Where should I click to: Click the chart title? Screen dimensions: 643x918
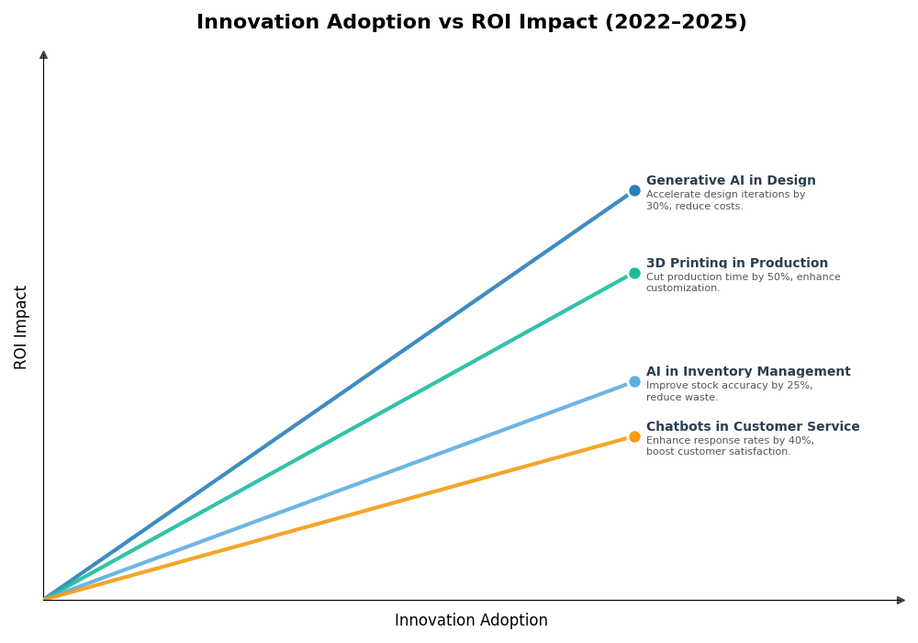471,22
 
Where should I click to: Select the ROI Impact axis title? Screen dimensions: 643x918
21,327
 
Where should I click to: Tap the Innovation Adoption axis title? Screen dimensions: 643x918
471,621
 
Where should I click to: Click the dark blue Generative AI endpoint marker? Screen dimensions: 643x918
634,191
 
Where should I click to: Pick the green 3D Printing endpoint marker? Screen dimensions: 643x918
634,273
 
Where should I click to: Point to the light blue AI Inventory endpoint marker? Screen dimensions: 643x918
634,382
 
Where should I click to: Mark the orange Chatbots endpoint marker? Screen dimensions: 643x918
634,437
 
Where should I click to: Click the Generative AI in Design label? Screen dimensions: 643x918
731,181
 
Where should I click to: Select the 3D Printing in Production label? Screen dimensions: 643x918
736,264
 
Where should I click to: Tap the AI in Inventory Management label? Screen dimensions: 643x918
748,372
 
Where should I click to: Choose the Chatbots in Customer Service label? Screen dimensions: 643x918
753,427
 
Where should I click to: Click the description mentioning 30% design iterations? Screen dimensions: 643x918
725,200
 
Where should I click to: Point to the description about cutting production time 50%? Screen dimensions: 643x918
743,283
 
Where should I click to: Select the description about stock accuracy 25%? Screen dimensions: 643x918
729,391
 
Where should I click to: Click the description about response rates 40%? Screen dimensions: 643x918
730,446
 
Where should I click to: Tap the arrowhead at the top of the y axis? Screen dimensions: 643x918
43,55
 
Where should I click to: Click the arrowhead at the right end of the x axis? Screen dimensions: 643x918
901,600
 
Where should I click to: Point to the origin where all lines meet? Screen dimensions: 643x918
44,599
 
